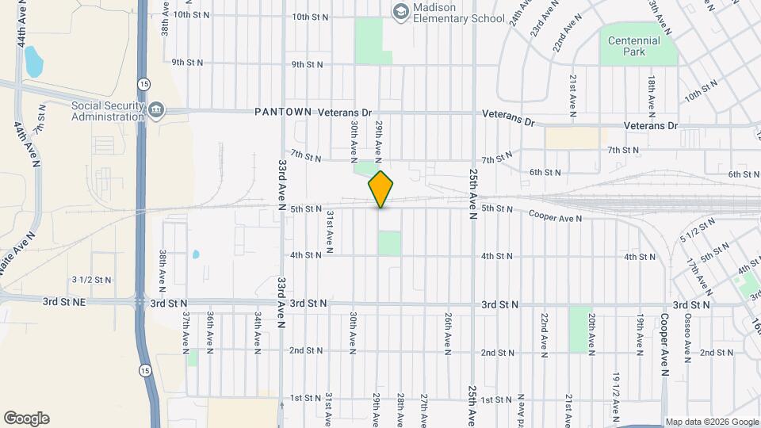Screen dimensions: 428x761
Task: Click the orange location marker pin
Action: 381,189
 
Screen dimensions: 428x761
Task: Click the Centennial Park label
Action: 634,46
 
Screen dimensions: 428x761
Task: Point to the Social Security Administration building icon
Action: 155,109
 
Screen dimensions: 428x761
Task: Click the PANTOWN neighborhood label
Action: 284,113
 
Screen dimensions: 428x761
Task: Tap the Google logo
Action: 26,418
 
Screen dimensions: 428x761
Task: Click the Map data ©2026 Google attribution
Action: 710,422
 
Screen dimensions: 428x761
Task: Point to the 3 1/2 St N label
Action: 92,279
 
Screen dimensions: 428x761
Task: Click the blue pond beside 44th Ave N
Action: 33,60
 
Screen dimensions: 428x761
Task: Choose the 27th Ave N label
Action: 425,408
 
